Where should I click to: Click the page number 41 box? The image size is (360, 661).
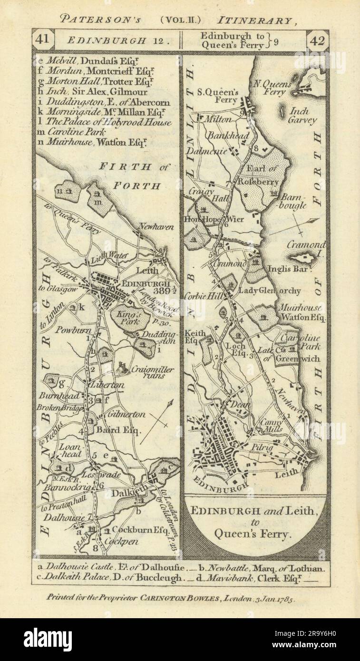coord(43,40)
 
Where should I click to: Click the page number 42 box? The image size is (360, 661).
coord(317,40)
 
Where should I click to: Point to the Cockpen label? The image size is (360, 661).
coord(119,541)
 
